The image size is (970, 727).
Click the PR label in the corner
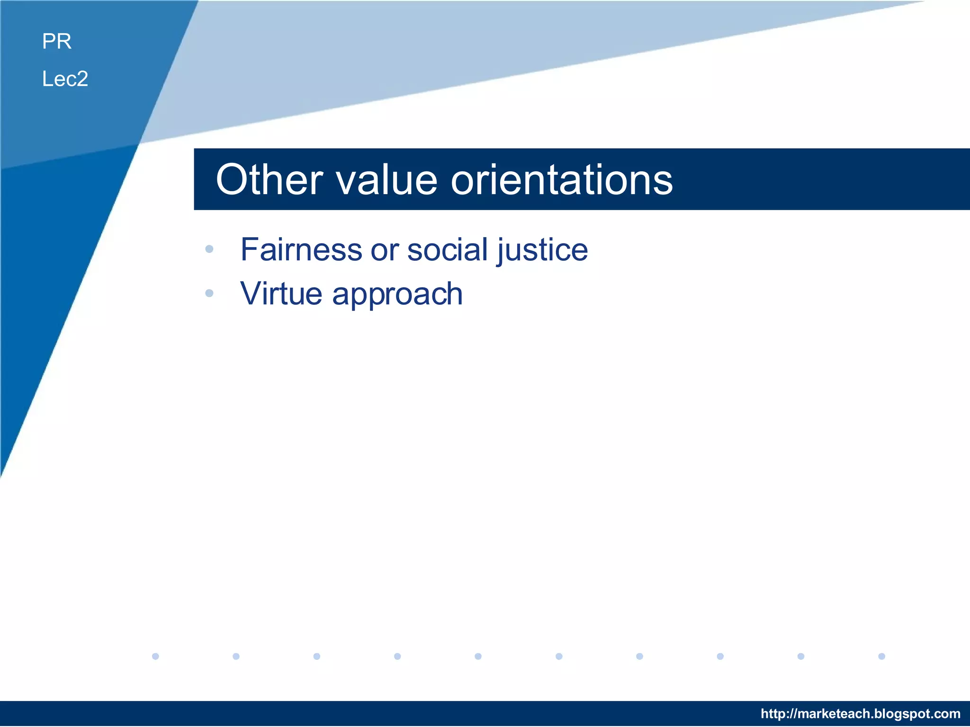coord(57,41)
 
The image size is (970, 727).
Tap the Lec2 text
coord(65,79)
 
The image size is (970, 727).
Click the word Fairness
coord(301,249)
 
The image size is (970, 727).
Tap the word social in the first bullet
coord(447,249)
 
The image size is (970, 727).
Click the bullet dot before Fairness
coord(209,249)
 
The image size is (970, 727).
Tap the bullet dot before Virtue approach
coord(209,293)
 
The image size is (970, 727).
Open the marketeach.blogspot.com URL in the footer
coord(860,713)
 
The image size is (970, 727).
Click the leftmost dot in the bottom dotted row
coord(155,656)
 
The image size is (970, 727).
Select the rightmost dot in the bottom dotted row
coord(881,656)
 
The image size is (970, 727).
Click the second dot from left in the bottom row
coord(236,656)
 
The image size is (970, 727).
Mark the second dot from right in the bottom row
coord(801,656)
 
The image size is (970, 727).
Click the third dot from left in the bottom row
coord(317,656)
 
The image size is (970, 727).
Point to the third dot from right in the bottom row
coord(720,656)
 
